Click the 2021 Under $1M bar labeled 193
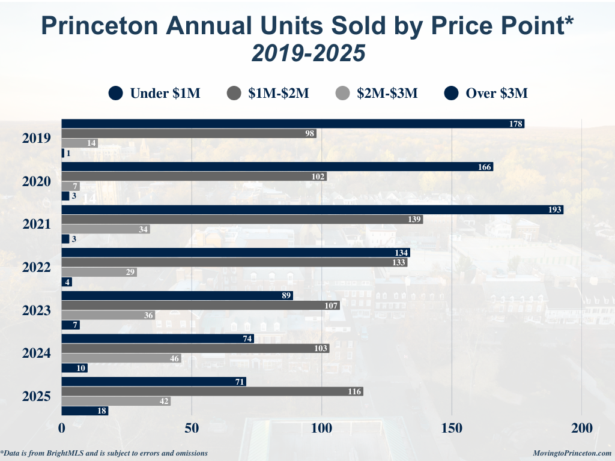pyautogui.click(x=312, y=210)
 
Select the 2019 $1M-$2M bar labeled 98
pyautogui.click(x=189, y=133)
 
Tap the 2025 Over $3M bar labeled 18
pyautogui.click(x=85, y=411)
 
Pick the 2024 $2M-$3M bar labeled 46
pyautogui.click(x=121, y=358)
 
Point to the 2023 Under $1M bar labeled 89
pyautogui.click(x=177, y=296)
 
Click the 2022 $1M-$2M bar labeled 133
pyautogui.click(x=234, y=262)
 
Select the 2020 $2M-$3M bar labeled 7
pyautogui.click(x=70, y=186)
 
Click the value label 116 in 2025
pyautogui.click(x=354, y=392)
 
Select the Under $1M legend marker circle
pyautogui.click(x=116, y=93)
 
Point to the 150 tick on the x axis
pyautogui.click(x=452, y=429)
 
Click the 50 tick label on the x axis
pyautogui.click(x=192, y=429)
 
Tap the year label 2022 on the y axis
pyautogui.click(x=37, y=267)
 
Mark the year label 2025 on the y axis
pyautogui.click(x=37, y=397)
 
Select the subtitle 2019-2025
pyautogui.click(x=307, y=53)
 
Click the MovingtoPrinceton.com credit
pyautogui.click(x=572, y=453)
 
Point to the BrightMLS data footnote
pyautogui.click(x=105, y=453)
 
